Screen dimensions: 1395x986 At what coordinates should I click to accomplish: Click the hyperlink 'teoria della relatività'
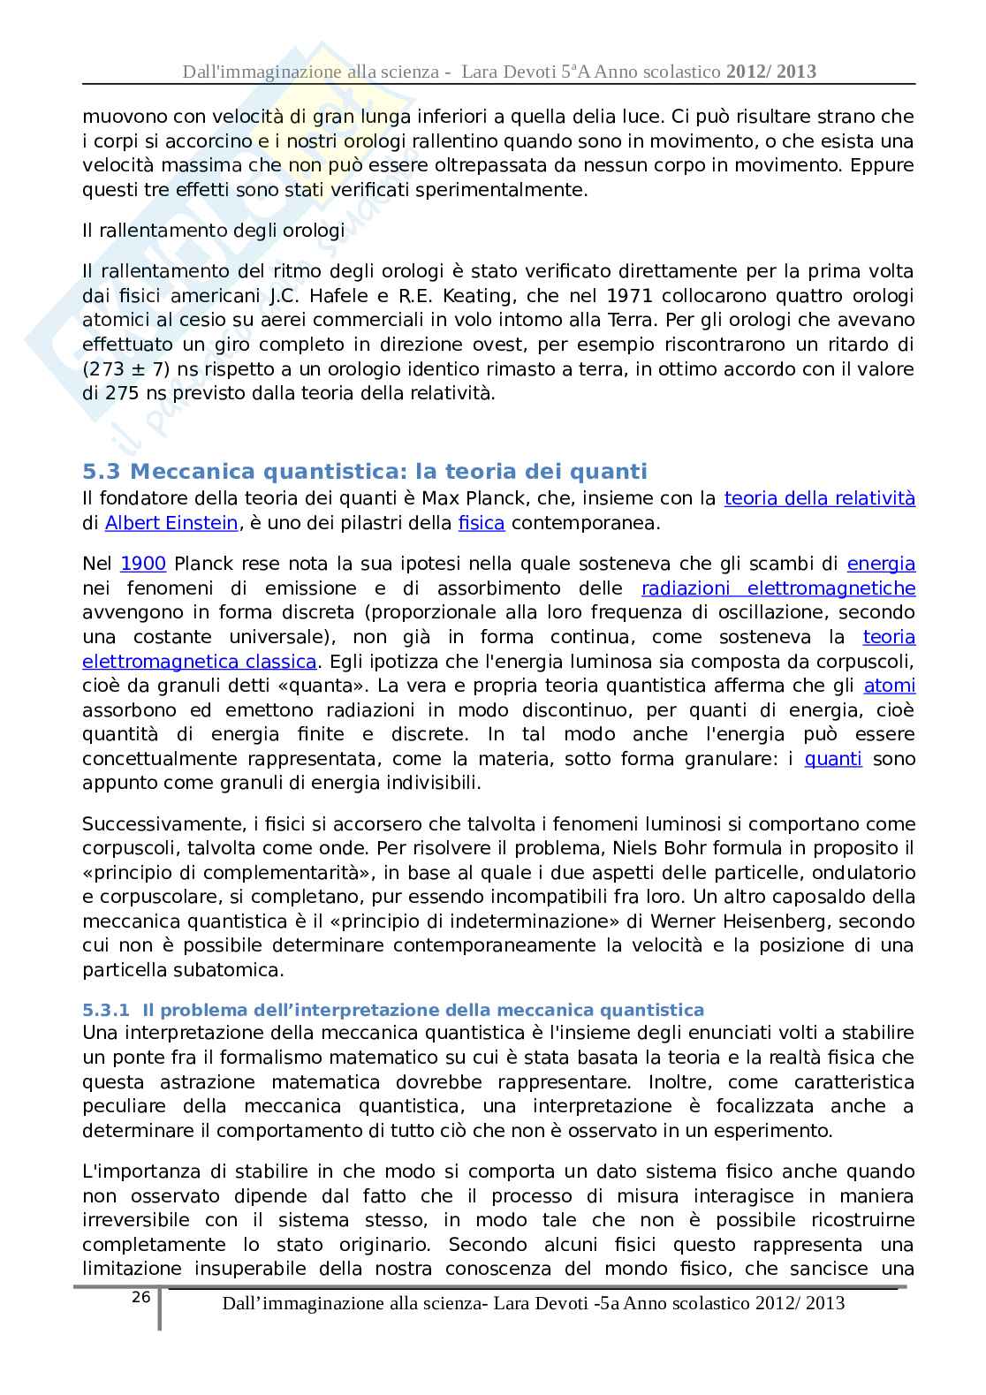819,498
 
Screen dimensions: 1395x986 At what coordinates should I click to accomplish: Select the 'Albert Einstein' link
171,523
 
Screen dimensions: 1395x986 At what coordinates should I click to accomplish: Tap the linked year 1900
143,564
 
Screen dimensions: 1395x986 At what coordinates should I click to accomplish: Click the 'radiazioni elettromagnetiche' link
778,588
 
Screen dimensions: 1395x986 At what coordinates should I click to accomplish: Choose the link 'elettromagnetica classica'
199,662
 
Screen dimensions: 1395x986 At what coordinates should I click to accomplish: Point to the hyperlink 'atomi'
889,686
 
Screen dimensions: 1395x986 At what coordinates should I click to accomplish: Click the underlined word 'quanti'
833,759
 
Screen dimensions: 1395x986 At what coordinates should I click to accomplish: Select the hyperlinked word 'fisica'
482,523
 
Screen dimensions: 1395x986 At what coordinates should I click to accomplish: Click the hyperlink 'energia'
881,564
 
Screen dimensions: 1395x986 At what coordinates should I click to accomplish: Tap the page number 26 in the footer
140,1297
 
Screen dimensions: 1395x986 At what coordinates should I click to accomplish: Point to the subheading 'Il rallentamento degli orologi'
213,231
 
